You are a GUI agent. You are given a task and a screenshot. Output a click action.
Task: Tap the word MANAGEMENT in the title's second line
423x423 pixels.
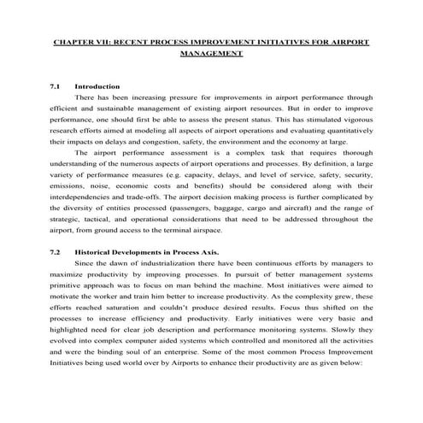(212, 52)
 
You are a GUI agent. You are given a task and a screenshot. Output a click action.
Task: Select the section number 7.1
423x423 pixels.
(56, 86)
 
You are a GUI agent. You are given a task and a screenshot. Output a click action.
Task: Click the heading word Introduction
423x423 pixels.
(97, 86)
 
